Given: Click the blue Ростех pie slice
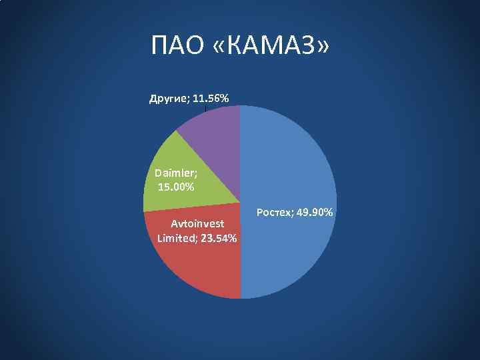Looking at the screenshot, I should (293, 167).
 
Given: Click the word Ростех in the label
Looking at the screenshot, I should (272, 213).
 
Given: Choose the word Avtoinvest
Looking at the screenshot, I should (197, 223).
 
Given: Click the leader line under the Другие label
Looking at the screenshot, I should (207, 108).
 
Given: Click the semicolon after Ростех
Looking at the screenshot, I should (290, 213).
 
